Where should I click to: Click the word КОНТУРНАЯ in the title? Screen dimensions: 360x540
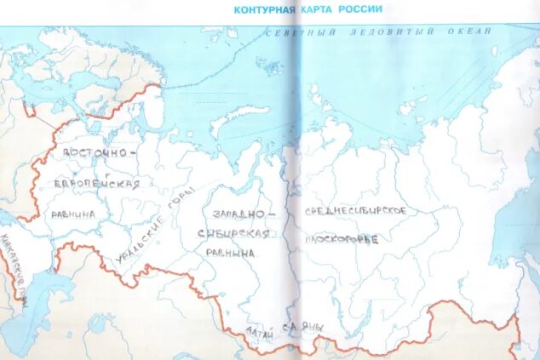point(261,9)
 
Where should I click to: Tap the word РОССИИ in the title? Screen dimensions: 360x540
point(358,9)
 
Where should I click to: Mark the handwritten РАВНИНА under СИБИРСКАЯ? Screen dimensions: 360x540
point(229,254)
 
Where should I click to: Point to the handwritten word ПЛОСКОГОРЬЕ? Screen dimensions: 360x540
point(342,239)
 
